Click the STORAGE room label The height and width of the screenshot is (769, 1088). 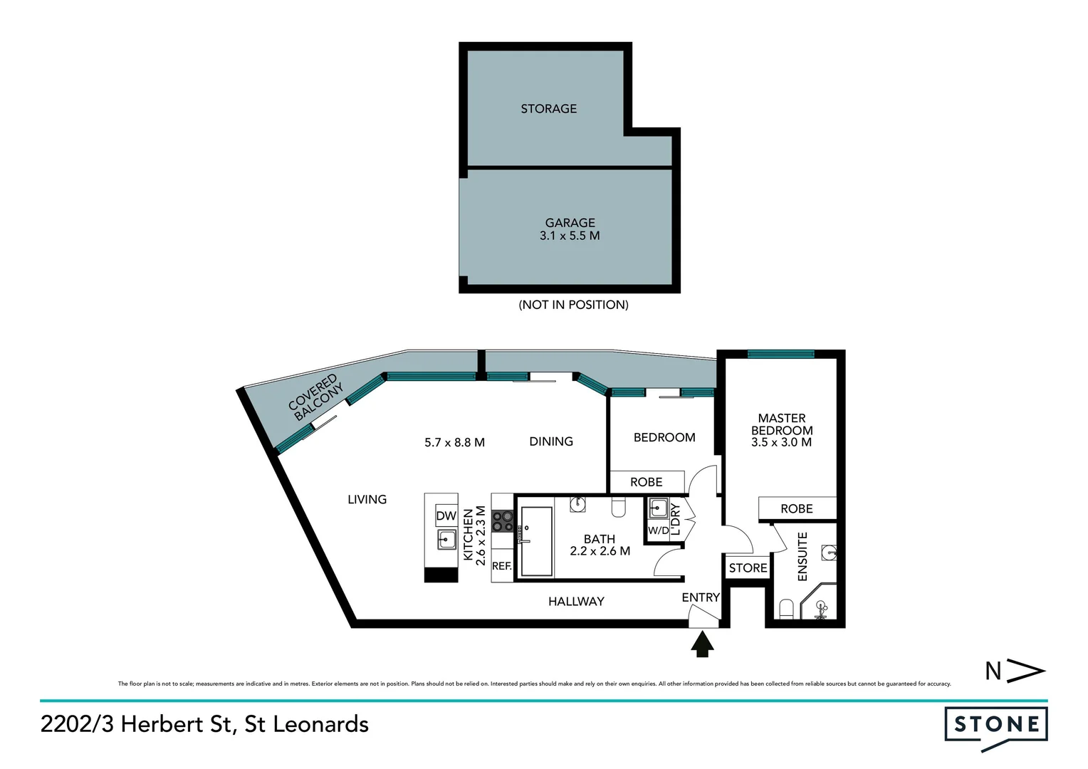coord(548,109)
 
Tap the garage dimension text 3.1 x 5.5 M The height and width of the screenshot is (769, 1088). coord(570,236)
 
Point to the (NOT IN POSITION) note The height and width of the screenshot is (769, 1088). coord(573,305)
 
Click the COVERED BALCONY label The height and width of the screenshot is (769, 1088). coord(316,398)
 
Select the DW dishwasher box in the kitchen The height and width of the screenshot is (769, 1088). coord(446,516)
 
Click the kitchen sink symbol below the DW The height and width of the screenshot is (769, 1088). coord(446,539)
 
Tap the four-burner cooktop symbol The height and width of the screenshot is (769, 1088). coord(502,521)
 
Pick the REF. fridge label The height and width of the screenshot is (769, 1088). coord(501,566)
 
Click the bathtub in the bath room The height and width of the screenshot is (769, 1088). coord(536,541)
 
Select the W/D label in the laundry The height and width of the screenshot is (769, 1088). coord(658,530)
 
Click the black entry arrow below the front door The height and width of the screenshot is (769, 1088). coord(703,644)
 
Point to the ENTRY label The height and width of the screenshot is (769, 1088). coord(701,597)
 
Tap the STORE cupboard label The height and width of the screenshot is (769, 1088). coord(748,567)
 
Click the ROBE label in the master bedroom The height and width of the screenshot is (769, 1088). coord(796,508)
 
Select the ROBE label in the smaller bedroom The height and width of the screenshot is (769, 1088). coord(646,482)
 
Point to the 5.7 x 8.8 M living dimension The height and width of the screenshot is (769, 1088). coord(454,442)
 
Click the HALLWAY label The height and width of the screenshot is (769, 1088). coord(576,602)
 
